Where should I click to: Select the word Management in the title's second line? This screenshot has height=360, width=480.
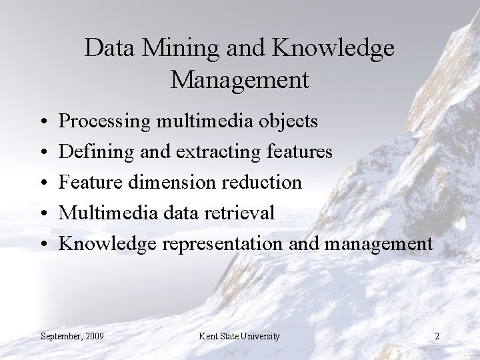240,79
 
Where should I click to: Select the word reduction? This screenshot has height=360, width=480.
265,183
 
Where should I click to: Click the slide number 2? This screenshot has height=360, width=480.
436,335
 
